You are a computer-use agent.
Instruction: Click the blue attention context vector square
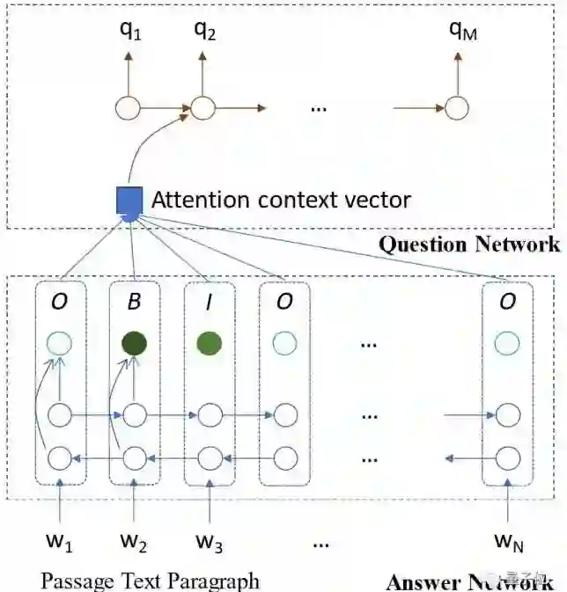pos(129,201)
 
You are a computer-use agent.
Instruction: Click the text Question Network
pos(468,244)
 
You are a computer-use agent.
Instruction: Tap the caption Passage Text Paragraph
pos(150,580)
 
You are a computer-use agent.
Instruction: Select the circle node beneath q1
pos(128,108)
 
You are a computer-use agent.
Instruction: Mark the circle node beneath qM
pos(456,108)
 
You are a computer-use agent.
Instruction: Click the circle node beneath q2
pos(203,108)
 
